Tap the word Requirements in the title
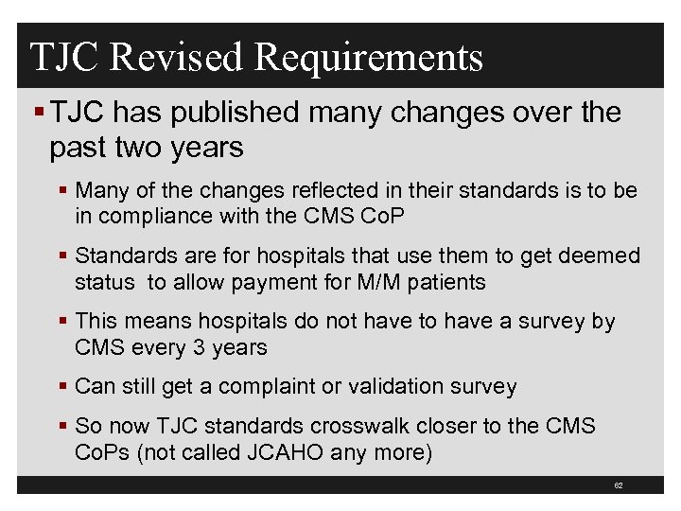pos(369,59)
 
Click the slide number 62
pos(618,485)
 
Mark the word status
pos(104,282)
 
